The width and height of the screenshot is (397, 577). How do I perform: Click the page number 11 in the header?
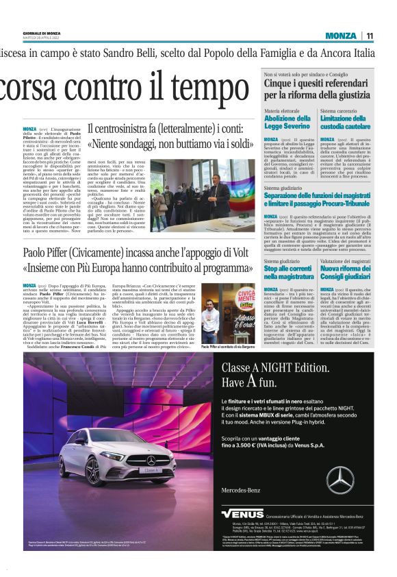coord(370,36)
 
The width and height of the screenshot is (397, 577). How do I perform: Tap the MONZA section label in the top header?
coord(341,36)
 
